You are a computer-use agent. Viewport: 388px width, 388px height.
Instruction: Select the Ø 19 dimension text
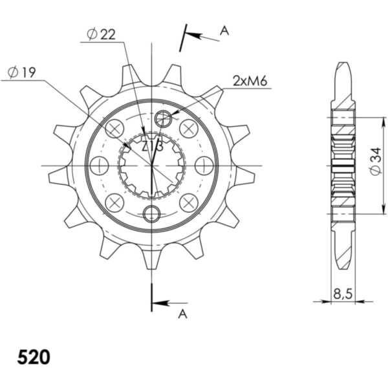point(19,74)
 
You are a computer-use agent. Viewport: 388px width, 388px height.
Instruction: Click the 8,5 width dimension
point(343,294)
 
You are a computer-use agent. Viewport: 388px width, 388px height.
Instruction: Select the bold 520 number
point(33,357)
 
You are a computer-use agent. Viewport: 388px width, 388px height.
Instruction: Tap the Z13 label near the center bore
point(152,147)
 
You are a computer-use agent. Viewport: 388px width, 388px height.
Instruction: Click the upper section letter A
point(224,30)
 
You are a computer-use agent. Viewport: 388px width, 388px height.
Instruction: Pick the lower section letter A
point(182,314)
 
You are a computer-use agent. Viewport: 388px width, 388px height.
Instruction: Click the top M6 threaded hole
point(164,118)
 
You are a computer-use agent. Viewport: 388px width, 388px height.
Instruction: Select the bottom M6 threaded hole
point(151,213)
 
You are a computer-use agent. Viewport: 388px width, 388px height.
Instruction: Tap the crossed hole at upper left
point(114,129)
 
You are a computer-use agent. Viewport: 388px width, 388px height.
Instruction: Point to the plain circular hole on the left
point(99,166)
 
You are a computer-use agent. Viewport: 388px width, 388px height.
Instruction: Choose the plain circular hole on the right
point(204,166)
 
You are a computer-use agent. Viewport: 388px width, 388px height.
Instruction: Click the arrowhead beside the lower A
point(159,302)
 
